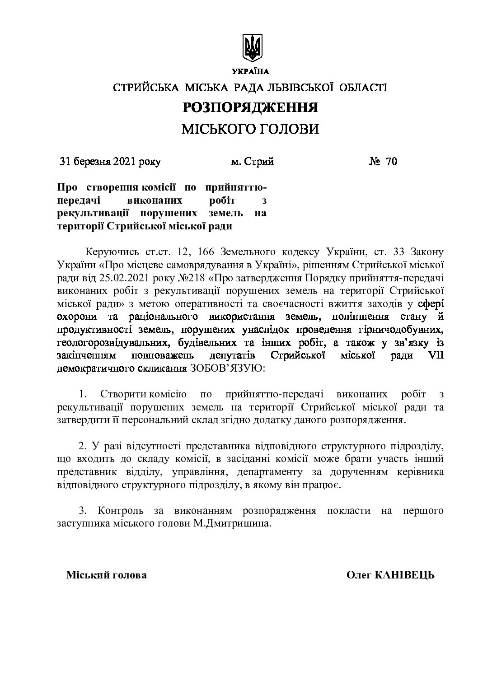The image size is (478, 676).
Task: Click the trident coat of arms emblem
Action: pyautogui.click(x=253, y=47)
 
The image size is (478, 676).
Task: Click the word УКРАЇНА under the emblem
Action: pyautogui.click(x=250, y=71)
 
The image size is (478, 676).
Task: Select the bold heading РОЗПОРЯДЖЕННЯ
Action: pyautogui.click(x=250, y=107)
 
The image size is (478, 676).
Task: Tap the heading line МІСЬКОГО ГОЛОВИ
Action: pyautogui.click(x=250, y=130)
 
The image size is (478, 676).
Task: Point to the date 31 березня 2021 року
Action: pyautogui.click(x=110, y=161)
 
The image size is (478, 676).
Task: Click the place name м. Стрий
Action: pyautogui.click(x=252, y=161)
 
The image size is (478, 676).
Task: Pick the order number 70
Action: pyautogui.click(x=391, y=161)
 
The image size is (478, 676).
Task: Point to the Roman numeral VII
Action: pyautogui.click(x=435, y=355)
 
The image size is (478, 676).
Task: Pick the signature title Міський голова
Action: pyautogui.click(x=106, y=575)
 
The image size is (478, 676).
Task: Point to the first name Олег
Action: pyautogui.click(x=359, y=575)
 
